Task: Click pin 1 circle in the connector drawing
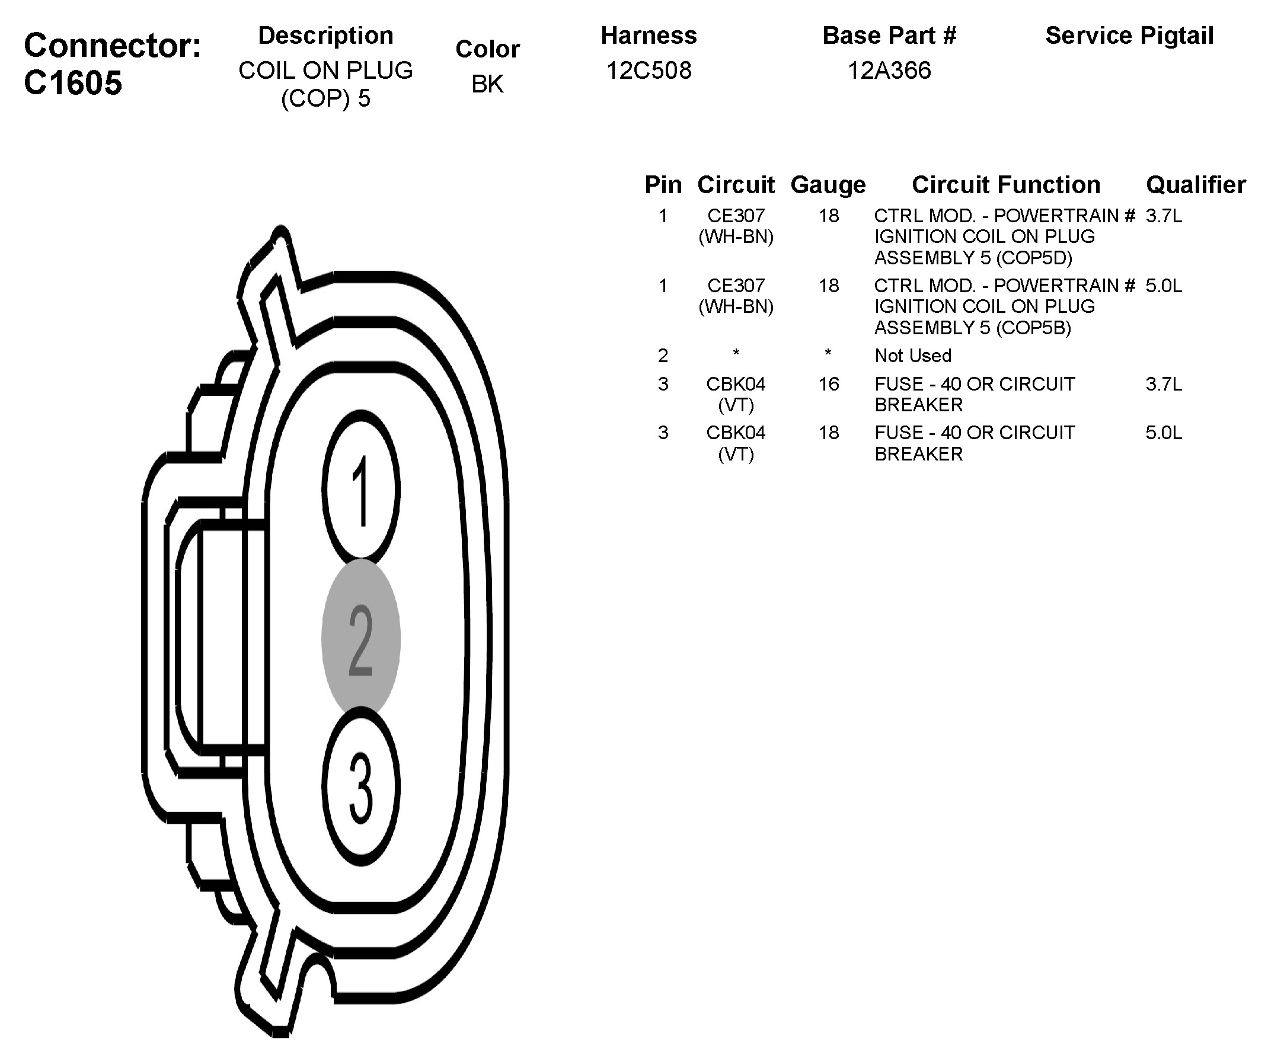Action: click(361, 487)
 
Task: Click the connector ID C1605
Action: click(73, 82)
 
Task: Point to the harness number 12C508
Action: click(649, 71)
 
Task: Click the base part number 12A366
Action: click(889, 71)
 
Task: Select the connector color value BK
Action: click(487, 84)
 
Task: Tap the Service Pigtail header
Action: click(1129, 36)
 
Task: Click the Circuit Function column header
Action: click(1006, 185)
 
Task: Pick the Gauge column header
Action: click(828, 185)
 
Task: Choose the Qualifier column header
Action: click(1196, 185)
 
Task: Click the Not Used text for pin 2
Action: click(913, 356)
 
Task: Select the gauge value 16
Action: click(828, 384)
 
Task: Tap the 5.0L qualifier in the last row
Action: click(1164, 433)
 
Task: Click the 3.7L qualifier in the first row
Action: click(1164, 216)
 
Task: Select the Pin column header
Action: click(663, 185)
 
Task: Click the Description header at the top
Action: click(325, 36)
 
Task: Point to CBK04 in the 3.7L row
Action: click(736, 384)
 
